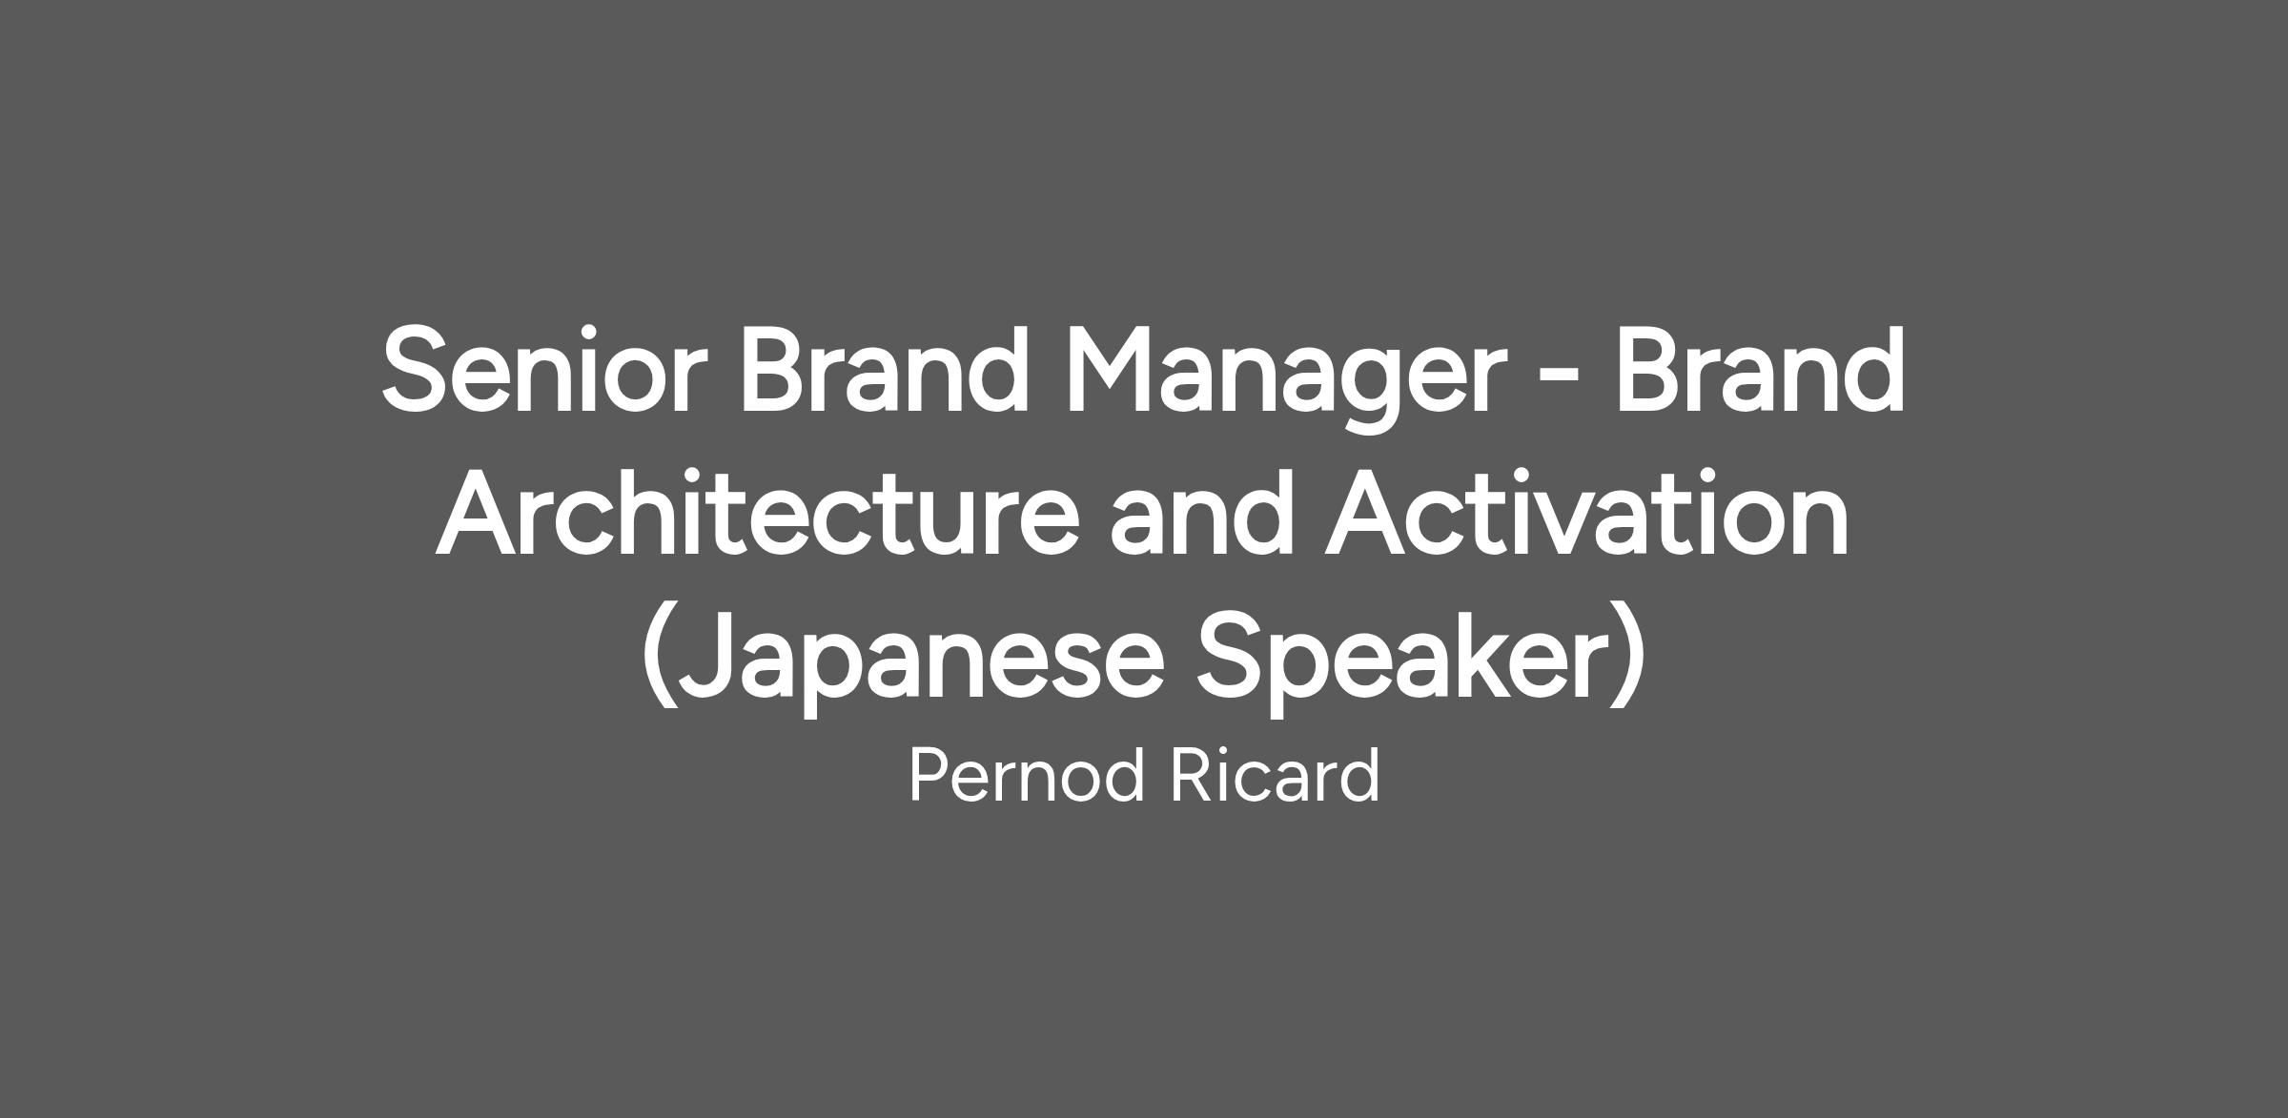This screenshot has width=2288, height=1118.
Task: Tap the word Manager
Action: pyautogui.click(x=1286, y=377)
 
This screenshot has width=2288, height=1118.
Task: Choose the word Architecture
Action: pyautogui.click(x=758, y=513)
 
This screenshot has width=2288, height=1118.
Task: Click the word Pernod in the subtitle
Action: pyautogui.click(x=1027, y=775)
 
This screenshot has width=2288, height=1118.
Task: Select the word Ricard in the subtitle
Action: pyautogui.click(x=1276, y=775)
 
